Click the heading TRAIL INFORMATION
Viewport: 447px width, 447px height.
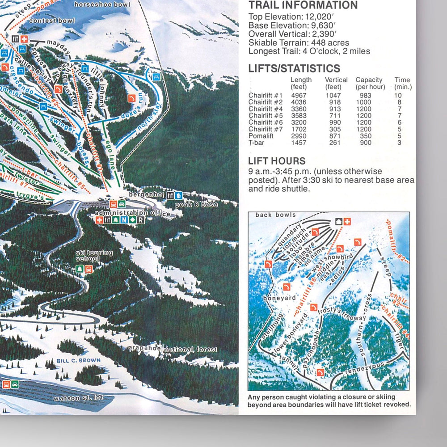pyautogui.click(x=303, y=5)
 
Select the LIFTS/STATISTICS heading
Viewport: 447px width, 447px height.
pyautogui.click(x=294, y=68)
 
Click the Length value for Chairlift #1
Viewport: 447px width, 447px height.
pyautogui.click(x=299, y=95)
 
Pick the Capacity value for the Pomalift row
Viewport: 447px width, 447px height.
pyautogui.click(x=366, y=136)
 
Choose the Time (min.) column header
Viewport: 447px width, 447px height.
pyautogui.click(x=403, y=83)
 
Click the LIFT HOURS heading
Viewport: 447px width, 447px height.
pyautogui.click(x=277, y=161)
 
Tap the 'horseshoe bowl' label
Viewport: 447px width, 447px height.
pyautogui.click(x=102, y=5)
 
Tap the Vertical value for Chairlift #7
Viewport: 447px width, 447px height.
pyautogui.click(x=333, y=129)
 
